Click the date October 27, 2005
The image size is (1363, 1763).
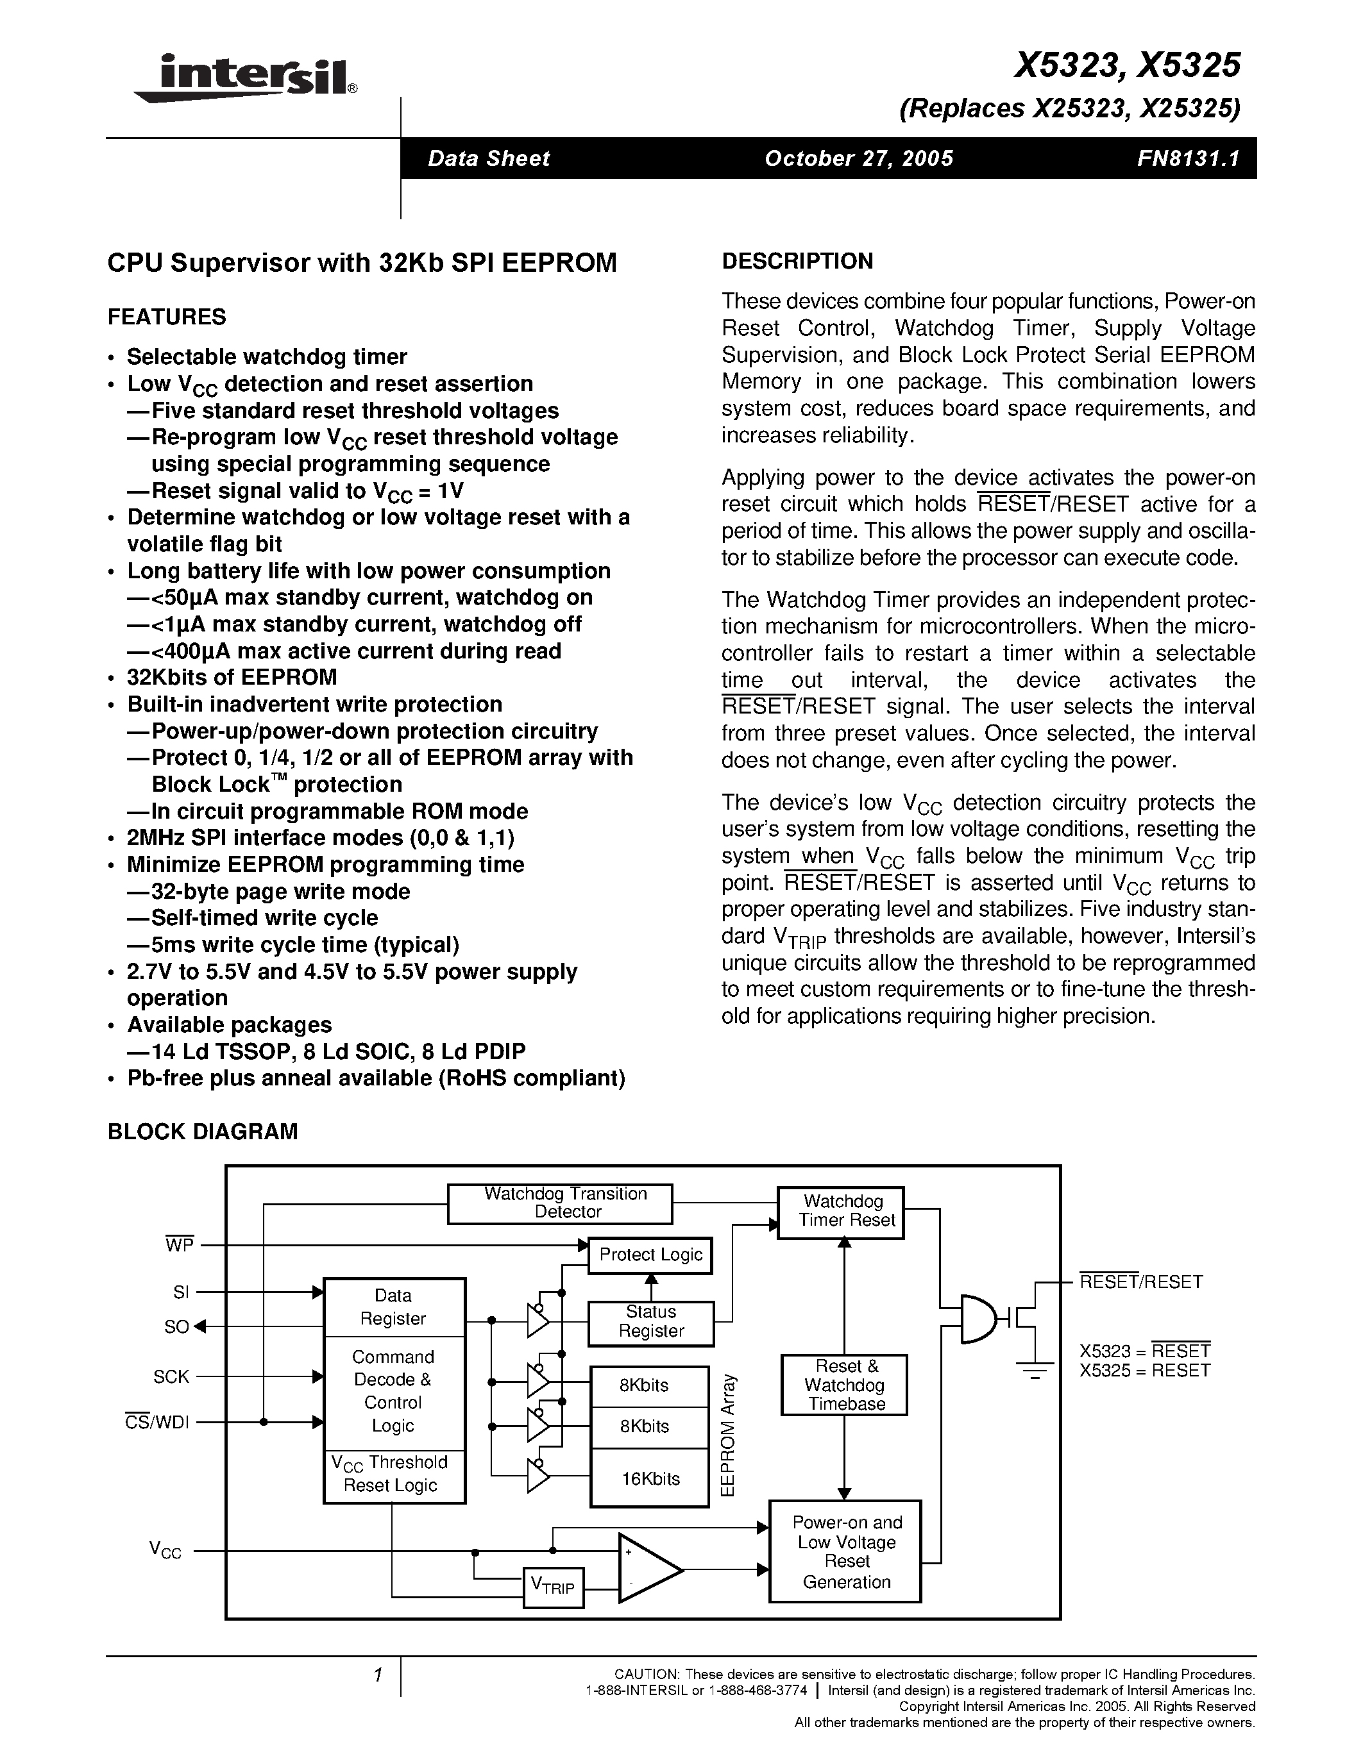(x=858, y=158)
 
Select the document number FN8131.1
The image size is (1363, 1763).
(x=1187, y=158)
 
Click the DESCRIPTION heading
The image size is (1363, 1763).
(x=797, y=262)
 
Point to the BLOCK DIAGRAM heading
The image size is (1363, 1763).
(x=203, y=1131)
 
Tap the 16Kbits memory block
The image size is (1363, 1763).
(x=649, y=1479)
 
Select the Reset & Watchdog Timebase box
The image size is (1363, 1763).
(x=844, y=1385)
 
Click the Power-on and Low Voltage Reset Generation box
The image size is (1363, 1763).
(x=845, y=1551)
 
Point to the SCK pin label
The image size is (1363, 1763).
(x=171, y=1377)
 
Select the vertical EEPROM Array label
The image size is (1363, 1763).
(x=727, y=1436)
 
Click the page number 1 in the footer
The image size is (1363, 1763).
(x=377, y=1675)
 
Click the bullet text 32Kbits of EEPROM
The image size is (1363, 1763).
(x=232, y=677)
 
